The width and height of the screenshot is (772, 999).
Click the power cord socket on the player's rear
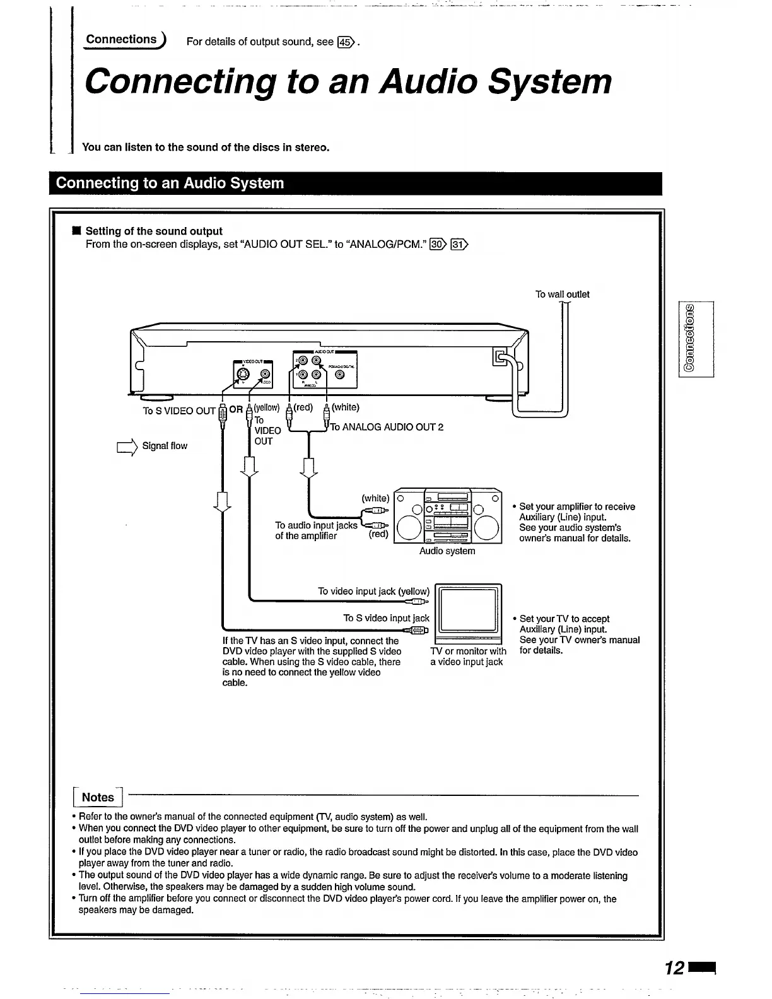tap(500, 358)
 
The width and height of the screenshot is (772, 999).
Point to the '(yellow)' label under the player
tap(266, 407)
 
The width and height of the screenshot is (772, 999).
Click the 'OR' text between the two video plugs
tap(236, 409)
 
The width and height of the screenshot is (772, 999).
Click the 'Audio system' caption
tap(447, 551)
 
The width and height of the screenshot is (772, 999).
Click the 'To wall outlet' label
tap(562, 295)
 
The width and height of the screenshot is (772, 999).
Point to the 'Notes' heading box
tap(98, 797)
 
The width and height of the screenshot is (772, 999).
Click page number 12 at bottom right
tap(674, 967)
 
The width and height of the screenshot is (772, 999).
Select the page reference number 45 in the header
tap(344, 43)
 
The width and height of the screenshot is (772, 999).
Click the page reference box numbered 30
tap(437, 245)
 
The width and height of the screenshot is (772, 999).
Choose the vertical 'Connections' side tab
tap(695, 339)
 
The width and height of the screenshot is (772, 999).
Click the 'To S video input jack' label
tap(386, 619)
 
